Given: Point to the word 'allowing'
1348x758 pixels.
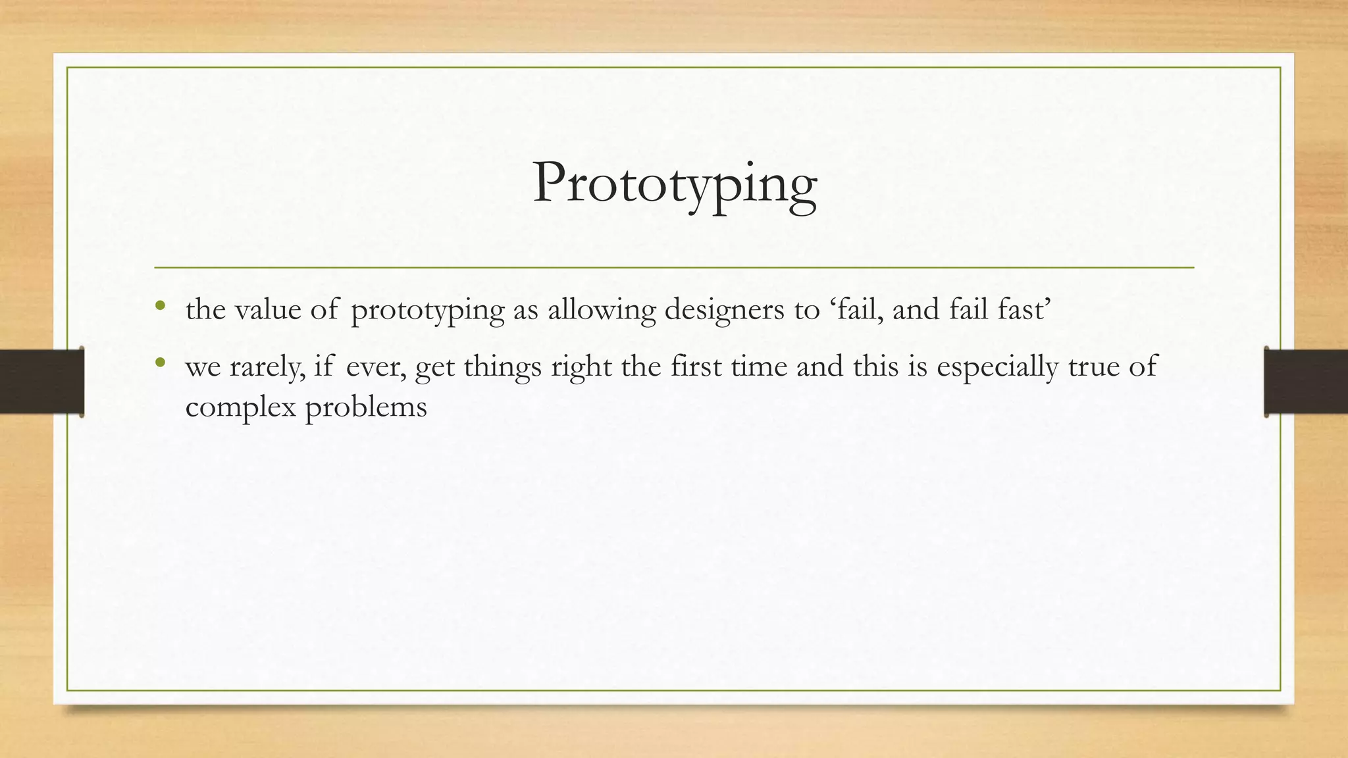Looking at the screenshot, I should click(x=602, y=309).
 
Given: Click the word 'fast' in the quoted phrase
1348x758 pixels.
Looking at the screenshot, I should click(x=1020, y=309).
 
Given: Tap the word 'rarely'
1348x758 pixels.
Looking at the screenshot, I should click(x=267, y=366).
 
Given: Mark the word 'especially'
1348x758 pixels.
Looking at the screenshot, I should click(x=997, y=366).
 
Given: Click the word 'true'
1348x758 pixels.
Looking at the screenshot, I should click(x=1093, y=366).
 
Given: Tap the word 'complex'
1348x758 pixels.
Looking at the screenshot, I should click(x=240, y=407).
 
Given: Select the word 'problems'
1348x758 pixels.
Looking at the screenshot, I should click(x=366, y=407).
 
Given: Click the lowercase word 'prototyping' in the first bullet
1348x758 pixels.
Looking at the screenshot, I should click(x=428, y=309).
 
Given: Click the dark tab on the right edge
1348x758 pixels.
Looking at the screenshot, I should click(x=1306, y=382).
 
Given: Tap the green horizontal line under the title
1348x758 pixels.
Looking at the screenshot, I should click(x=674, y=268).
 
